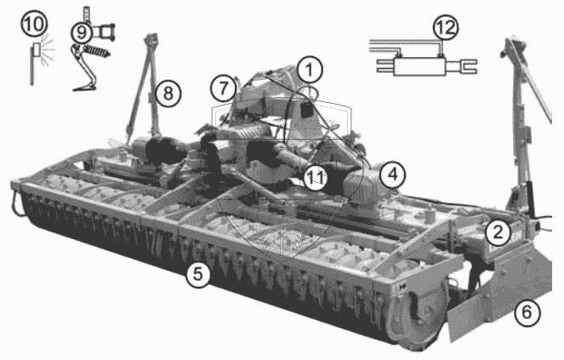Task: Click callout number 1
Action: click(x=310, y=70)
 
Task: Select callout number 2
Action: click(x=498, y=232)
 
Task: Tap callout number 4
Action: click(x=393, y=175)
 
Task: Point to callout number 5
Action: click(x=197, y=274)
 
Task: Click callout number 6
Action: click(x=527, y=312)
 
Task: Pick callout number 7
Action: click(x=224, y=88)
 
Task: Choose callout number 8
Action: click(x=168, y=94)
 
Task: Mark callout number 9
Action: click(x=83, y=32)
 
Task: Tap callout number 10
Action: click(x=34, y=25)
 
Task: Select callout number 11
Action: click(x=316, y=177)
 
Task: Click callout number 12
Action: click(x=446, y=28)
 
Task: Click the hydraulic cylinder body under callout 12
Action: click(x=419, y=66)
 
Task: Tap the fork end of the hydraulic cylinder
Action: click(x=468, y=66)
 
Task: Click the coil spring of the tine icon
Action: click(x=97, y=51)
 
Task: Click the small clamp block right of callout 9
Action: click(x=105, y=32)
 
